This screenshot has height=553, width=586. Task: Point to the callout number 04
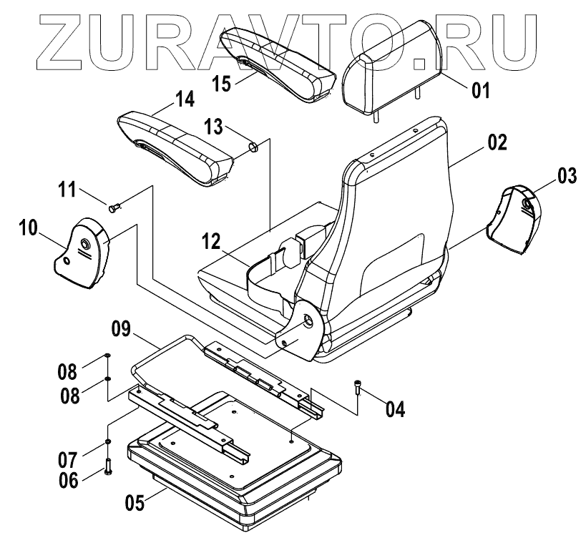[x=396, y=409]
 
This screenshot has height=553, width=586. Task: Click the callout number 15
[x=222, y=84]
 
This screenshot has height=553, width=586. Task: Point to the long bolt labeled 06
[x=108, y=467]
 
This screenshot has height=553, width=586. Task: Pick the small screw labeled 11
[x=115, y=207]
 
